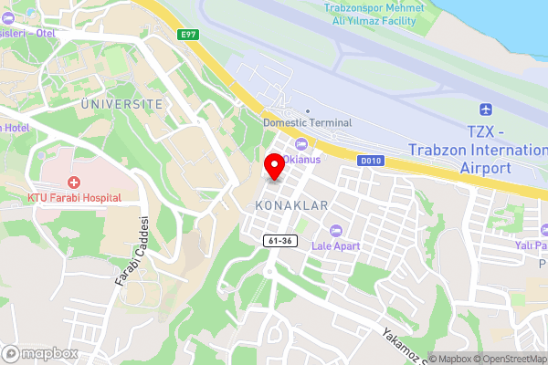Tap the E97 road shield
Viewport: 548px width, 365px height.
[x=189, y=35]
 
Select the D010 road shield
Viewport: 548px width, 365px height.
[x=369, y=161]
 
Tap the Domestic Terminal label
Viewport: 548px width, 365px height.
[x=306, y=122]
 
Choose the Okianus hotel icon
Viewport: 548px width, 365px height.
[x=300, y=143]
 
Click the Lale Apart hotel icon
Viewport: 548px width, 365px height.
[x=335, y=229]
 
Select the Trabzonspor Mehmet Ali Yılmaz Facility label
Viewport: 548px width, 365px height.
[x=374, y=15]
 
